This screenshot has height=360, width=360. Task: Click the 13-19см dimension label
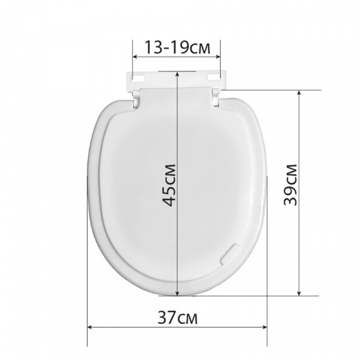177,47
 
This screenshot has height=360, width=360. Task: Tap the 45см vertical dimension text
169,185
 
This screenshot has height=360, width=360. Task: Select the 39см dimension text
290,185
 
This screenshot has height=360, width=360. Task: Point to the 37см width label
178,317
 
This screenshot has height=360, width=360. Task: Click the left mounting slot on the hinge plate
138,77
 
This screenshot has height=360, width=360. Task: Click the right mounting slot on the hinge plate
214,77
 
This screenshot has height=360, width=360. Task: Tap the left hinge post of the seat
136,99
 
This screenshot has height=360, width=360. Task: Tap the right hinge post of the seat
216,98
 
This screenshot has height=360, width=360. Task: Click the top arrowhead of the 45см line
177,74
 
